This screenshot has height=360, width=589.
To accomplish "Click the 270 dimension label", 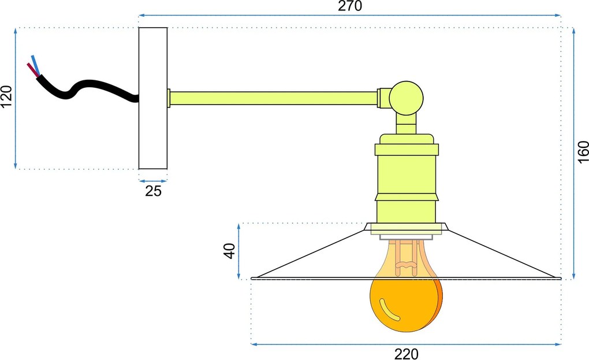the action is [x=350, y=6].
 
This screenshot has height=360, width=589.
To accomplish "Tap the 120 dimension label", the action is [x=6, y=96].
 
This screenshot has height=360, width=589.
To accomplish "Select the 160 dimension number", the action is [x=583, y=152].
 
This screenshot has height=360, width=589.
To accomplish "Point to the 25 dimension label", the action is [x=153, y=191].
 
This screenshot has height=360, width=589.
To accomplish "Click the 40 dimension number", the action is [x=229, y=251].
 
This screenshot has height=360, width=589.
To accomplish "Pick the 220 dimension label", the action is [x=406, y=354].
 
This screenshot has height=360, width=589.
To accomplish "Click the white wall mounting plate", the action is [x=153, y=98].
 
